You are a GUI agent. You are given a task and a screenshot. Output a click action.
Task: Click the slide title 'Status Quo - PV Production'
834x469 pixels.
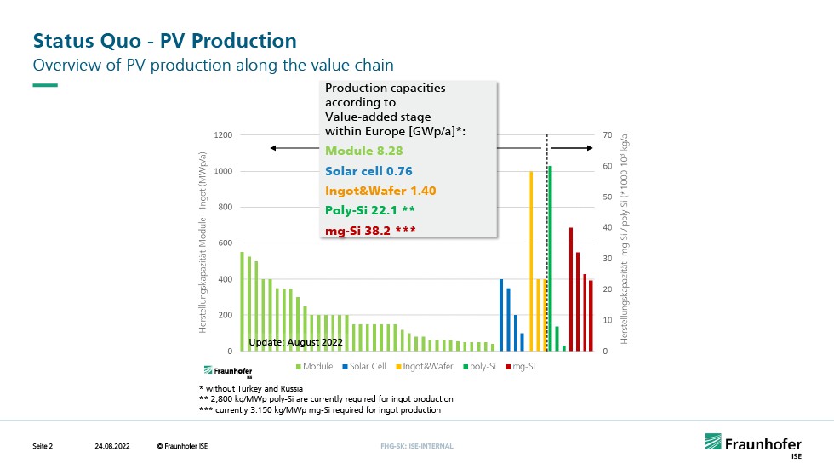click(x=164, y=40)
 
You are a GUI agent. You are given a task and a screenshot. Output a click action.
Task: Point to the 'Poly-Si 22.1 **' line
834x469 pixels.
click(x=370, y=210)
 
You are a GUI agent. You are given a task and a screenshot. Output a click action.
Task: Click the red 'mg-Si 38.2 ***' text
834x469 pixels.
click(x=370, y=231)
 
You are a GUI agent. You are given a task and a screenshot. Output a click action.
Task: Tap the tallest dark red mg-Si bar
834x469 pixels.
click(x=571, y=289)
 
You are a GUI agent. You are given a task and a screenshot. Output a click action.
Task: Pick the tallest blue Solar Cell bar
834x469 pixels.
click(x=501, y=315)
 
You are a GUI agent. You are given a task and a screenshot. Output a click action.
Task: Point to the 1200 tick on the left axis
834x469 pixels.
click(x=223, y=135)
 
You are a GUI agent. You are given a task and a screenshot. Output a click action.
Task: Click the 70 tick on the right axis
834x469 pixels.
click(x=608, y=135)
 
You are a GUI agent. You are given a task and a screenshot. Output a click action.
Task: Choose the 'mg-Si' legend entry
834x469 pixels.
click(x=521, y=366)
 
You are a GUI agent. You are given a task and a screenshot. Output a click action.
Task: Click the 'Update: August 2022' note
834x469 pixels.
click(x=295, y=342)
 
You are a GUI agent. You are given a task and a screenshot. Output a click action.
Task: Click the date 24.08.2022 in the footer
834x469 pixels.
click(x=111, y=446)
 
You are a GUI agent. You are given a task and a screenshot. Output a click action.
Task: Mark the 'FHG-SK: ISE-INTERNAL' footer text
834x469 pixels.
click(x=417, y=446)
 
